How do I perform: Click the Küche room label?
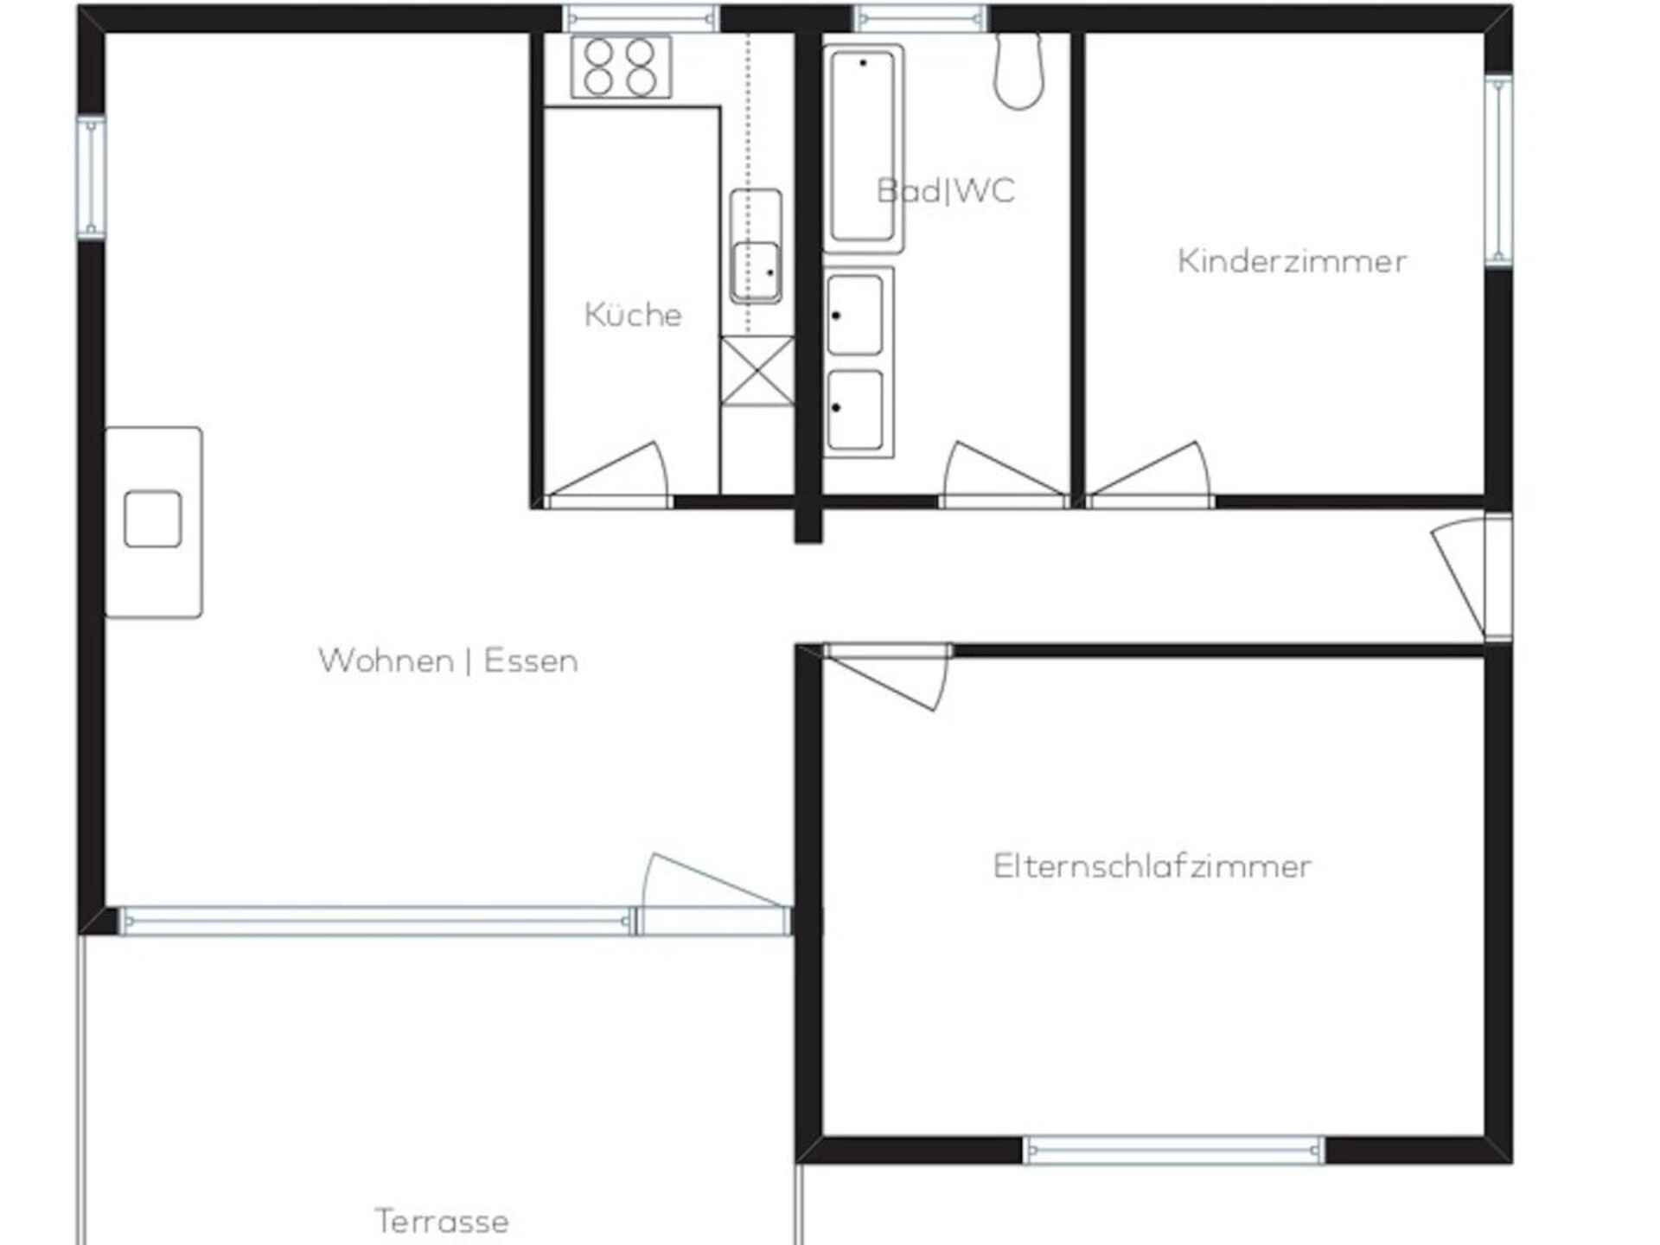[633, 315]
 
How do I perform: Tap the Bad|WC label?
[946, 190]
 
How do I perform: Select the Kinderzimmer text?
[1292, 261]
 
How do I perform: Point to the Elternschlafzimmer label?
[1152, 866]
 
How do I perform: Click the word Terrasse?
[442, 1222]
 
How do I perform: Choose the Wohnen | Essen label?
[448, 661]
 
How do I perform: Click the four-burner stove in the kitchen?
[621, 67]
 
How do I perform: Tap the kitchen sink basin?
[756, 271]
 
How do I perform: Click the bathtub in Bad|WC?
[863, 148]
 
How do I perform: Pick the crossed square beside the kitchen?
[757, 371]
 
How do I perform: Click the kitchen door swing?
[607, 472]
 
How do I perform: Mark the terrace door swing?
[716, 884]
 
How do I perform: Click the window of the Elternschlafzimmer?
[1174, 1150]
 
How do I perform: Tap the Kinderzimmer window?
[1498, 170]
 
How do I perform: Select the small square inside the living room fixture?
[153, 520]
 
